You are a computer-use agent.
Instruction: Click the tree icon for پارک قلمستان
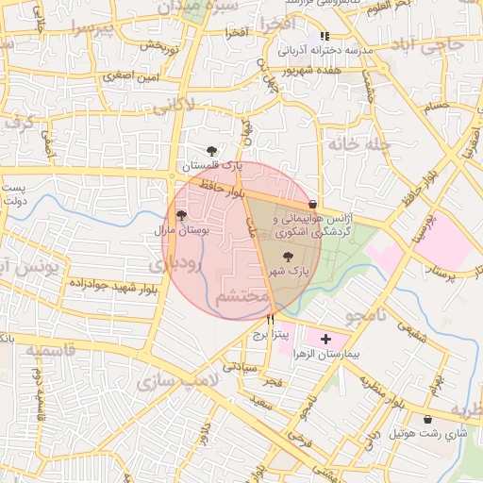coord(212,149)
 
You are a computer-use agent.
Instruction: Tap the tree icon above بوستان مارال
coord(181,215)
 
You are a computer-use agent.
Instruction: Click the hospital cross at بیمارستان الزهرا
coord(325,338)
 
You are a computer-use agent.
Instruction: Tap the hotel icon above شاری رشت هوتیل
coord(428,419)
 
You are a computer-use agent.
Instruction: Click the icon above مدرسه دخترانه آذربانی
coord(325,35)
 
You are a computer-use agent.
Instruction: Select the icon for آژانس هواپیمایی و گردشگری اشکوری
coord(312,204)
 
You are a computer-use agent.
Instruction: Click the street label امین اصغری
coord(132,73)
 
